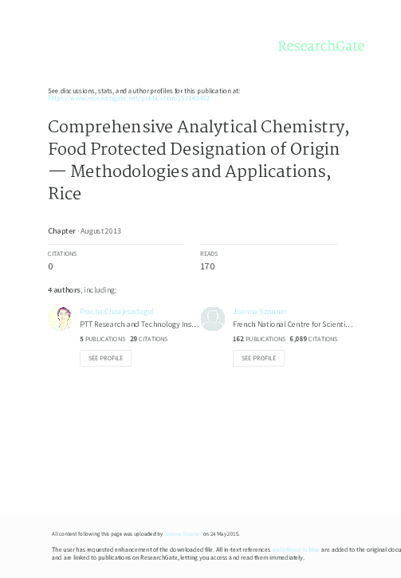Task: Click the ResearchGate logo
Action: tap(320, 46)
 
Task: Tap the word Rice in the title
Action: tap(65, 194)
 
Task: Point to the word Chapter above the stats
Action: tap(61, 230)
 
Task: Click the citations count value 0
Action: tap(51, 266)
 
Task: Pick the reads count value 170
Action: tap(207, 266)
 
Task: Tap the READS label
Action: tap(209, 253)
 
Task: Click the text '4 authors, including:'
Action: tap(83, 289)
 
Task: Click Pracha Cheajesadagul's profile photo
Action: tap(60, 319)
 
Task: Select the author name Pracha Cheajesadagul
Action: tap(116, 311)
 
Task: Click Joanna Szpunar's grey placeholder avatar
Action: tap(213, 319)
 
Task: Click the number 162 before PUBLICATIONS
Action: tap(238, 339)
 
